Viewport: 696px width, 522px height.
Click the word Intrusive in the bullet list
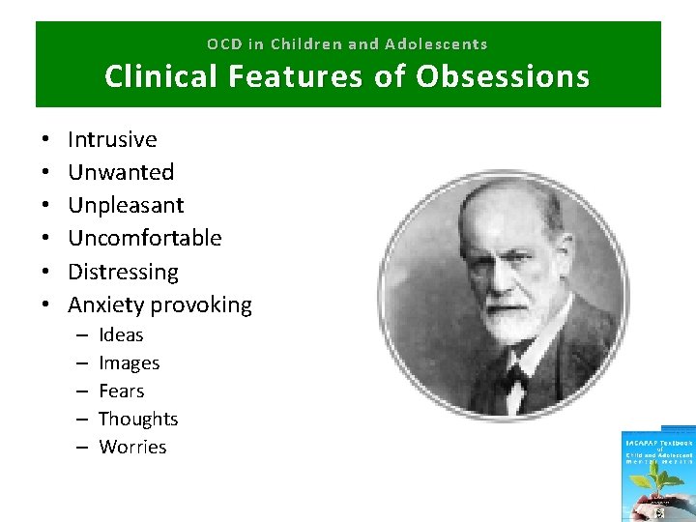pos(112,139)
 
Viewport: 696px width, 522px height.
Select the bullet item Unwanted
pos(121,172)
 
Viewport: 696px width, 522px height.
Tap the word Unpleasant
pos(126,205)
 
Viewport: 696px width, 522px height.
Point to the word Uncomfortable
pos(145,238)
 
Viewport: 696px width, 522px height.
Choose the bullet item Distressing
pos(123,272)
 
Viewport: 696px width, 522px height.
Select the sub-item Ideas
pos(121,335)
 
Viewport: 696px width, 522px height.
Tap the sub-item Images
pos(129,363)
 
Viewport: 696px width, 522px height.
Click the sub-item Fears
pos(121,391)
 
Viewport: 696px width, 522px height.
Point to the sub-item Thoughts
pos(138,420)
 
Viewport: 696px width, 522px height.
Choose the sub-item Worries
pos(132,448)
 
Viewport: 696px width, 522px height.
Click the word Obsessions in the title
pos(502,76)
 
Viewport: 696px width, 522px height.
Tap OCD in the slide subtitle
pos(223,44)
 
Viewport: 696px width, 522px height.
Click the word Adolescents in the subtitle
pos(436,44)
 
